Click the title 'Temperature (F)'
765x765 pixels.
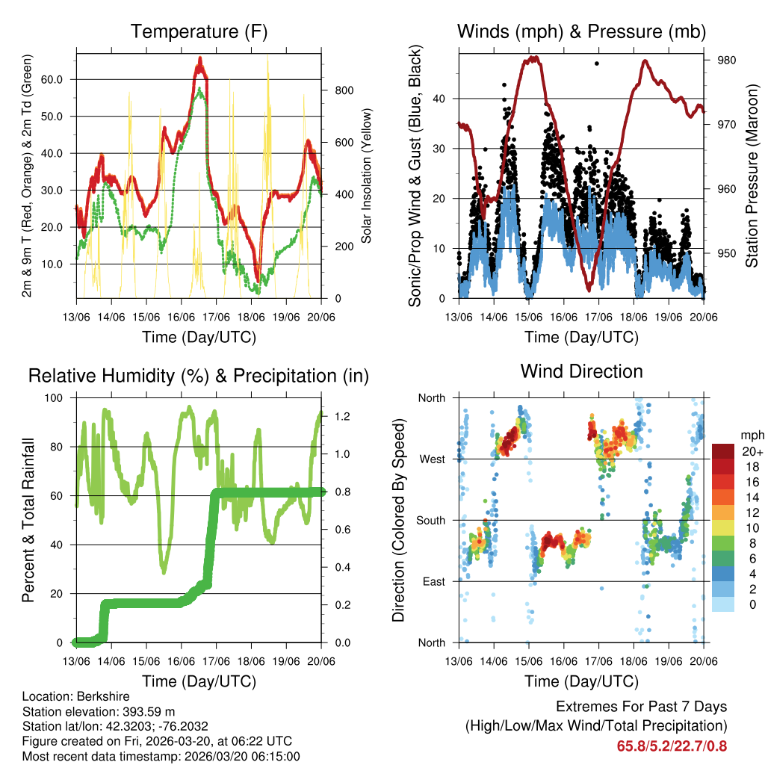(199, 32)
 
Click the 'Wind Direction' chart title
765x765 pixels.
(581, 371)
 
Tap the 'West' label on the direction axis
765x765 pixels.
(433, 459)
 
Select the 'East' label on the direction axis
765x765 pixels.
(433, 581)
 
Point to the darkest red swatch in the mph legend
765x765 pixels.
(722, 451)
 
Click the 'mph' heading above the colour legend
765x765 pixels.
(750, 435)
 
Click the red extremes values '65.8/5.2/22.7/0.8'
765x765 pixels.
(672, 746)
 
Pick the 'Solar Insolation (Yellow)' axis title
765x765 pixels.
(366, 176)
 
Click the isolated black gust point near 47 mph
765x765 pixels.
(596, 64)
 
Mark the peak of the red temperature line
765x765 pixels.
(199, 59)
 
